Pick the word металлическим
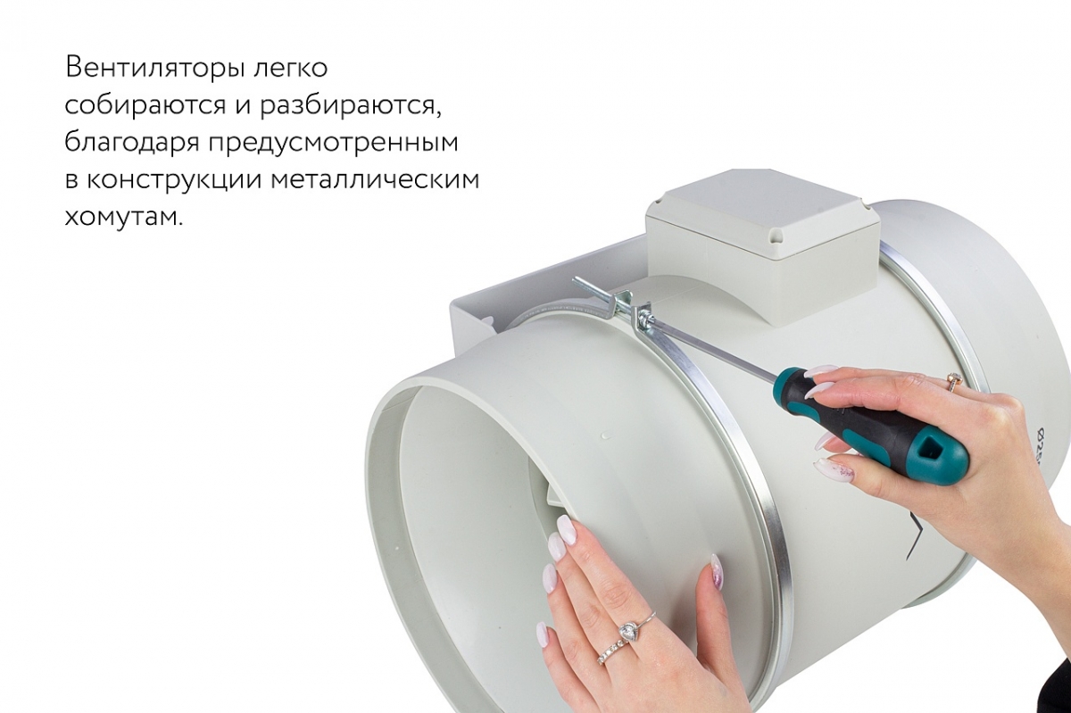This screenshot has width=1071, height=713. (x=375, y=179)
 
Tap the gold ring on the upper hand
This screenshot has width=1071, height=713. (x=953, y=382)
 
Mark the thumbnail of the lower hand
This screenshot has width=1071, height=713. (x=717, y=571)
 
